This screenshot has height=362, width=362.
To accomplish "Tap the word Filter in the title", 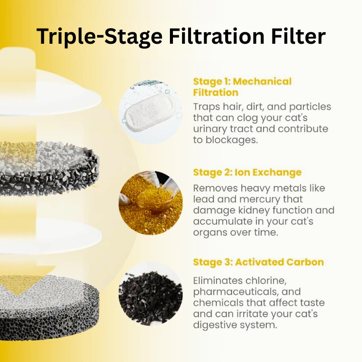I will tap(297, 37).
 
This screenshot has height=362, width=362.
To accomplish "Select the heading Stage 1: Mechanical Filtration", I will tap(242, 86).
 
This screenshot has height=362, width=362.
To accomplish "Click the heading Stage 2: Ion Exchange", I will tap(247, 172).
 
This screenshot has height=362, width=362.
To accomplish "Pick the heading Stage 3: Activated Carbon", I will tap(258, 262).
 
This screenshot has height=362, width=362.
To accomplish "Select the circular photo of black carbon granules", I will tap(150, 293).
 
